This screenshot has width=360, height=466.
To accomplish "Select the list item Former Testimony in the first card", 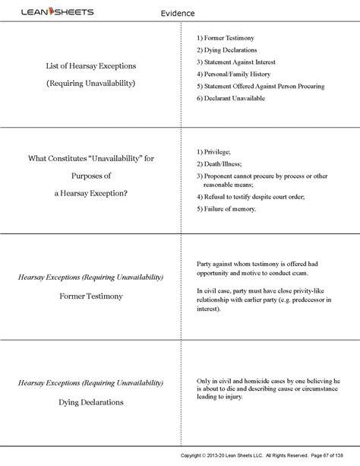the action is point(229,37).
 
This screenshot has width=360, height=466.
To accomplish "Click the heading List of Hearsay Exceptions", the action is point(90,66).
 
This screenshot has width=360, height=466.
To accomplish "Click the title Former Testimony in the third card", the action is point(90,296).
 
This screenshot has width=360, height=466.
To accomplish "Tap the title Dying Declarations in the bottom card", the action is point(90,401).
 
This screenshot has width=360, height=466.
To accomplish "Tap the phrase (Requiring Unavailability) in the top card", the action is point(90,82).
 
